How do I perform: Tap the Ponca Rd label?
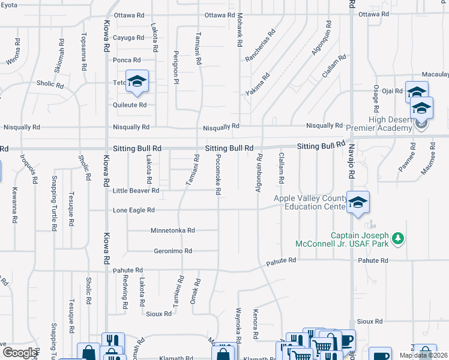(127, 60)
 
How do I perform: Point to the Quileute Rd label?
(130, 104)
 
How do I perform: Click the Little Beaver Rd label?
(136, 191)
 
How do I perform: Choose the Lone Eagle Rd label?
(134, 210)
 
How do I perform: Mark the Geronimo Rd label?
(173, 251)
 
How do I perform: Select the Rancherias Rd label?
(260, 45)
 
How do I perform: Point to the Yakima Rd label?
(258, 85)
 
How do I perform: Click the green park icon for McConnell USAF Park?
(397, 239)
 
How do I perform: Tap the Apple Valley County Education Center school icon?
(357, 203)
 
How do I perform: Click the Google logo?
(20, 353)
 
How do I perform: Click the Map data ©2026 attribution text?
(423, 355)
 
